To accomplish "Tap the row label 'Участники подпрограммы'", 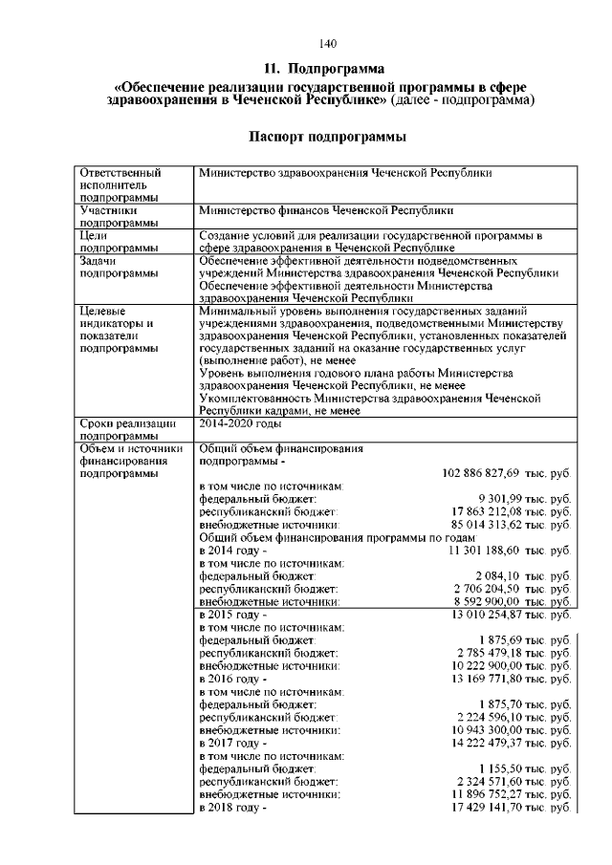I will (111, 215).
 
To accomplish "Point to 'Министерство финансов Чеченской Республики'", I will (326, 208).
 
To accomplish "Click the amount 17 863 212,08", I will (495, 511).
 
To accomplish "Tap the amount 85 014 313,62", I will (495, 525).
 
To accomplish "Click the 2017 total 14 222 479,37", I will (495, 743).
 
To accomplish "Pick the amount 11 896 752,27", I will (495, 794).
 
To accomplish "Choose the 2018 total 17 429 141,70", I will (495, 808).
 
